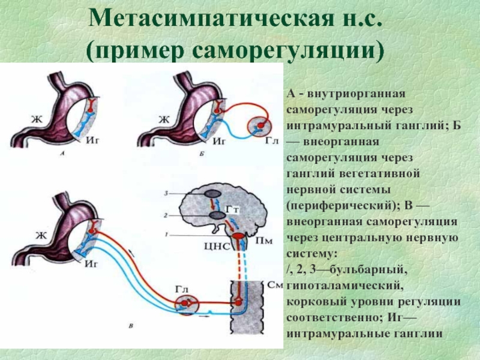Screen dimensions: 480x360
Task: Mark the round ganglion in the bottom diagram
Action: tap(187, 305)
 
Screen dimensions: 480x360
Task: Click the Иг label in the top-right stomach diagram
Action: tap(218, 142)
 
